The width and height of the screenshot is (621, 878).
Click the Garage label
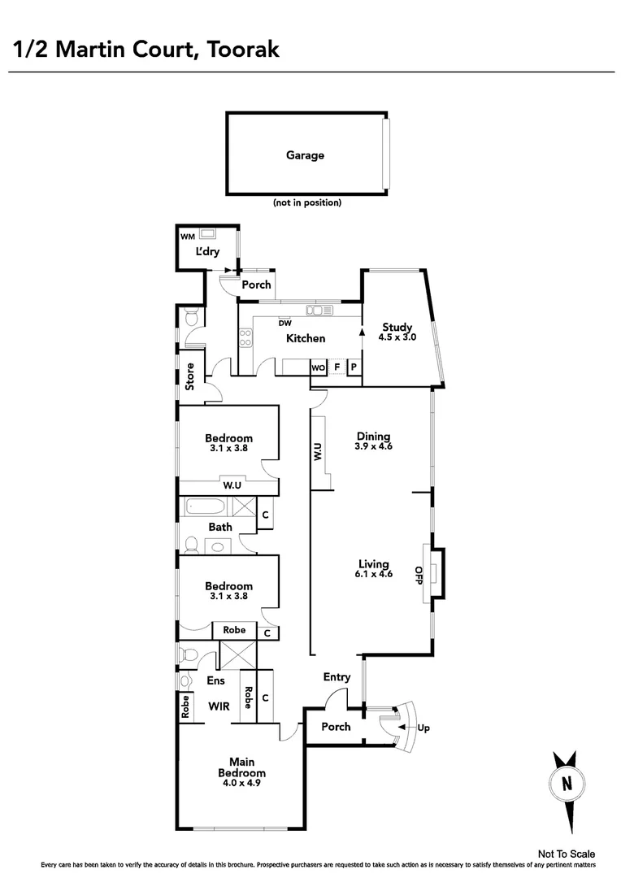click(305, 154)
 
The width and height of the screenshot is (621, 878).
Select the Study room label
click(398, 328)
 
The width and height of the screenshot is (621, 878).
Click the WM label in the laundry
click(188, 237)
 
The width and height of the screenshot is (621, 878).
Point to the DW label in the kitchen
click(285, 323)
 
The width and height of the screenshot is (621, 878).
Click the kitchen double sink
click(319, 310)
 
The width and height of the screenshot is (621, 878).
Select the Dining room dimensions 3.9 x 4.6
click(373, 446)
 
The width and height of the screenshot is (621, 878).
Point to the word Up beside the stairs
click(423, 728)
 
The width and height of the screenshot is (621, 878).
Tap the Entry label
click(337, 677)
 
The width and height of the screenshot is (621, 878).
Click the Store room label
click(189, 376)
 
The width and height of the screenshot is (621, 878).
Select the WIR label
click(218, 706)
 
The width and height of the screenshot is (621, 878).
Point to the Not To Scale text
click(567, 854)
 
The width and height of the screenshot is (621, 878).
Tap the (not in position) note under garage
click(306, 202)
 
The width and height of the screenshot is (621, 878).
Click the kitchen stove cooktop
click(245, 337)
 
